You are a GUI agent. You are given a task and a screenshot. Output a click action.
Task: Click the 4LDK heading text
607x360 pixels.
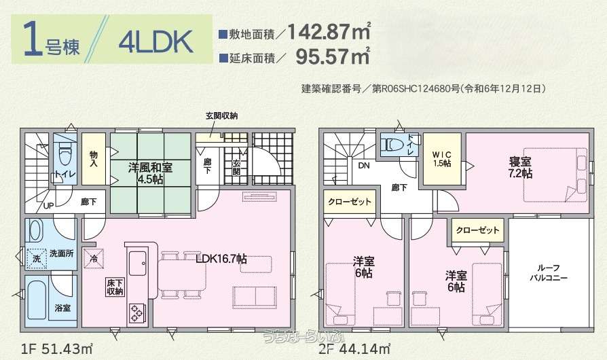155,41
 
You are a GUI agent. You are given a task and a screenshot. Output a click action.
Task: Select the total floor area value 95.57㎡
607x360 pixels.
333,57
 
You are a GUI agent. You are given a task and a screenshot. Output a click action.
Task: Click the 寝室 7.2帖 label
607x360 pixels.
521,168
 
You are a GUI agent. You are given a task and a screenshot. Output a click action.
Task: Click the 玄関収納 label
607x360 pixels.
221,117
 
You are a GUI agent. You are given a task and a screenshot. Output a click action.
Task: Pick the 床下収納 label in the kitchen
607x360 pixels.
114,287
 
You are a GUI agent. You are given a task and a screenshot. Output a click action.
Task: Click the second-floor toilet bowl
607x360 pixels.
392,145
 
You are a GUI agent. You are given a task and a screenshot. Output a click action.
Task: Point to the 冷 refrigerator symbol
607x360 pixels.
94,257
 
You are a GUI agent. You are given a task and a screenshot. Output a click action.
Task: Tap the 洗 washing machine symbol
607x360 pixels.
37,259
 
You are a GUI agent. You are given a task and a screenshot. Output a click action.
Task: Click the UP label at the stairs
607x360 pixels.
49,205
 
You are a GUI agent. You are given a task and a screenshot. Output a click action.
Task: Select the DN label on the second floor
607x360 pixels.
363,165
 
